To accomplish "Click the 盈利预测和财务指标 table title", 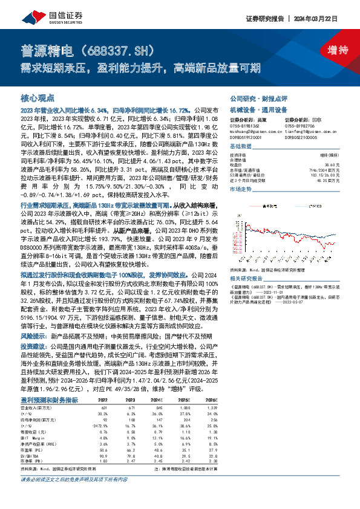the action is click(49, 400).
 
